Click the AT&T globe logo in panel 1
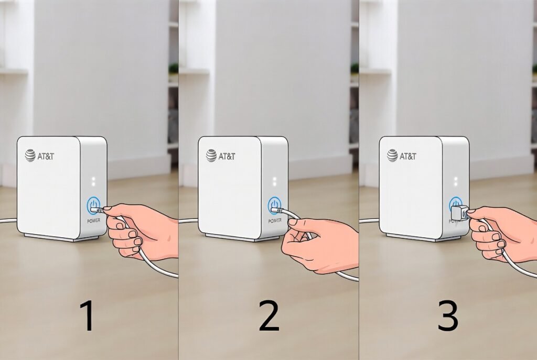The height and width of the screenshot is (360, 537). tap(30, 155)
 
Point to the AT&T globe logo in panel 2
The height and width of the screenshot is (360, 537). tap(211, 155)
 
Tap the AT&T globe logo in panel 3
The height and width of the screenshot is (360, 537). tap(392, 155)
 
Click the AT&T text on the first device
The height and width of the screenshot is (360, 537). tap(46, 156)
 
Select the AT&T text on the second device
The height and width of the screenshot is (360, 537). tap(227, 156)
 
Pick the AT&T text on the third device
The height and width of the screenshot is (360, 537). tap(408, 156)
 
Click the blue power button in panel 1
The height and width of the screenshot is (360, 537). tap(93, 205)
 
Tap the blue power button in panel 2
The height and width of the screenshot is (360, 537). tap(274, 205)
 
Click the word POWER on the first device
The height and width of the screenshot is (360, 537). tap(93, 221)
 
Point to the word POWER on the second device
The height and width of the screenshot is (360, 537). tap(275, 221)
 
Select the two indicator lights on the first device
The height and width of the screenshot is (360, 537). tap(93, 181)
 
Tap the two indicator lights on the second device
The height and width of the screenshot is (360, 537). tap(274, 181)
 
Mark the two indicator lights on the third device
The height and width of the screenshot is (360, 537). tap(456, 181)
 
